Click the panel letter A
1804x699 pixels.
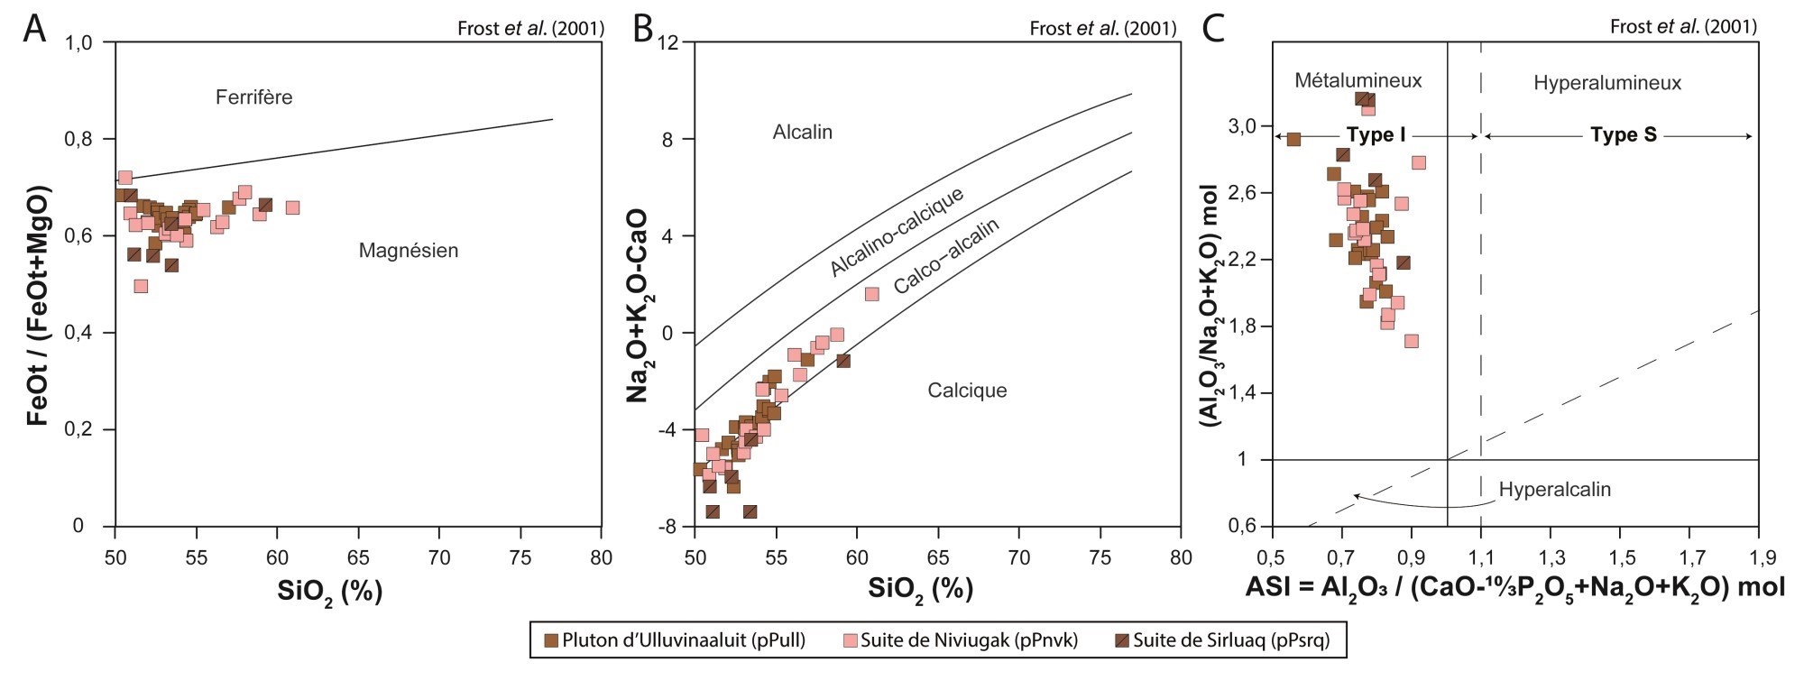click(34, 29)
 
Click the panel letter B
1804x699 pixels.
click(643, 29)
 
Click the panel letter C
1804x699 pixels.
click(1214, 29)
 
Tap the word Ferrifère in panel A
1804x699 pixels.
click(253, 97)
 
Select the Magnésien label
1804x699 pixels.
click(409, 251)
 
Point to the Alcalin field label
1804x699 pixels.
click(802, 133)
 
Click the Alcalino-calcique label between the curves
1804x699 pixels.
click(897, 232)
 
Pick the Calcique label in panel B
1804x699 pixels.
click(967, 391)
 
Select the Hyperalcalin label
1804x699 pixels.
click(1554, 490)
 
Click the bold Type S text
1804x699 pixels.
click(1623, 135)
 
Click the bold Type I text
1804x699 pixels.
click(1376, 135)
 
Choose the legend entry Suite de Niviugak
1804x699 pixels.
click(969, 640)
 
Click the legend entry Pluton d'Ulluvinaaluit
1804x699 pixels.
click(683, 640)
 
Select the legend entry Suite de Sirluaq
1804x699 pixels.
click(1230, 640)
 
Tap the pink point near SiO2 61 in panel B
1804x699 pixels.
click(871, 294)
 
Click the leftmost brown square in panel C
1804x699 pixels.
click(1293, 139)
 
